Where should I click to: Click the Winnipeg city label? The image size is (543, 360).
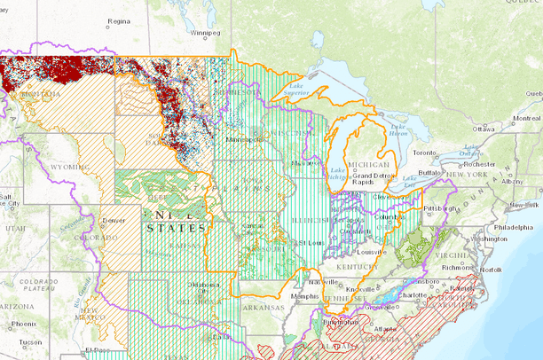(x=204, y=33)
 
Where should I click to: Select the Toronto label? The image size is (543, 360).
(x=429, y=153)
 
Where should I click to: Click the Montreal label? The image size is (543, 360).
(x=524, y=118)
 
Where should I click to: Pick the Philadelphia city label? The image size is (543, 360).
(x=514, y=227)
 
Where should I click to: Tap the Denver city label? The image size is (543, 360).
(x=114, y=219)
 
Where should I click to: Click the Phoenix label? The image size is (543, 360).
(x=24, y=324)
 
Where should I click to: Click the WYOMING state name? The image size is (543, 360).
(x=64, y=167)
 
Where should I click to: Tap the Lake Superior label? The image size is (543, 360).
(x=295, y=89)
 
